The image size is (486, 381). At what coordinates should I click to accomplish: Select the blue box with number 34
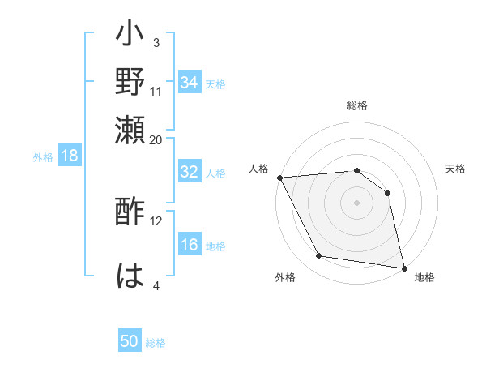click(190, 82)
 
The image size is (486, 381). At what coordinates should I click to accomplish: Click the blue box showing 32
click(190, 172)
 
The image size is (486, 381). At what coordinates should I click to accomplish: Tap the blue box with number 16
click(190, 245)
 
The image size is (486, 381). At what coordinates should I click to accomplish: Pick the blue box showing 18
click(70, 156)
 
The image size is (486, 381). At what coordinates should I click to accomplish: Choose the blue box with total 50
click(130, 341)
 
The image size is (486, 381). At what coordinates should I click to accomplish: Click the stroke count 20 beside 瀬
click(156, 139)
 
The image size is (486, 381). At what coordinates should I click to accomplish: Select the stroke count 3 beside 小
click(156, 43)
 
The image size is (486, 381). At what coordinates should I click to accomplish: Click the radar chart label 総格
click(357, 105)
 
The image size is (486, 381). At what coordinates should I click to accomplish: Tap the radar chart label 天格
click(456, 169)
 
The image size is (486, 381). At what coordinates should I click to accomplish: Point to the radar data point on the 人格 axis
click(279, 178)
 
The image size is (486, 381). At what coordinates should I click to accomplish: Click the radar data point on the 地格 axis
click(403, 267)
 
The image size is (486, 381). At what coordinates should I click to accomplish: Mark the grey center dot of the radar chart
click(356, 203)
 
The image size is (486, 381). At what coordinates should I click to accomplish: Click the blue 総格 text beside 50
click(156, 343)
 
